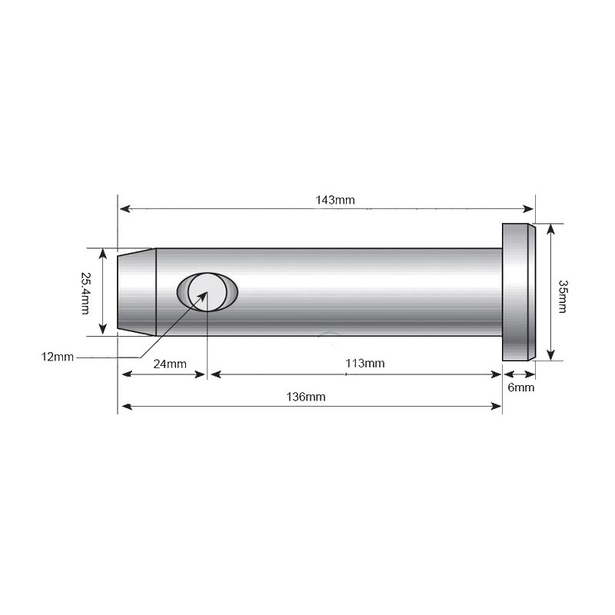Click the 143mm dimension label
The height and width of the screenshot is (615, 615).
(x=334, y=200)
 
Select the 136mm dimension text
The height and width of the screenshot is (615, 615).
(x=306, y=397)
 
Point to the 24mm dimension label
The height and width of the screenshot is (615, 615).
(x=169, y=364)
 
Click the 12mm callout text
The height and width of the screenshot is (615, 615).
(x=58, y=357)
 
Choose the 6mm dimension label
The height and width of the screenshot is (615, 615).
(x=520, y=388)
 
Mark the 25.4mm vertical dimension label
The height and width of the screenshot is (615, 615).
(x=86, y=292)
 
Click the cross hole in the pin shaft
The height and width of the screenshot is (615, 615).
(x=208, y=291)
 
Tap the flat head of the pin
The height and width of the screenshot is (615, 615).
(x=517, y=291)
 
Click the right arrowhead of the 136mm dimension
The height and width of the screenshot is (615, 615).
(x=497, y=406)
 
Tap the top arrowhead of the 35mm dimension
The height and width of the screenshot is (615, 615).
(x=550, y=228)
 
